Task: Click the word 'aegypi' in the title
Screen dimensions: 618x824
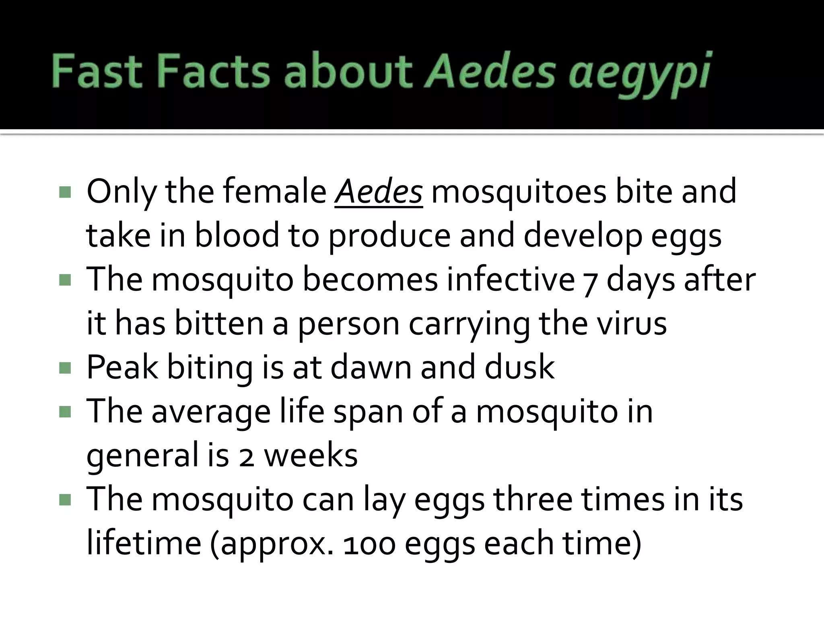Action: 640,74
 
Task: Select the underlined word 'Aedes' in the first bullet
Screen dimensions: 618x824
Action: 379,192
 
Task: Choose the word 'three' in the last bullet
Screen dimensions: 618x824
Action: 533,499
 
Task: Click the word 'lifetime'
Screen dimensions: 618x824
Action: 144,543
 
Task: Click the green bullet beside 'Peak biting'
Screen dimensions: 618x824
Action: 65,368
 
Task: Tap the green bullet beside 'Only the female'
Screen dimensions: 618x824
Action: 65,192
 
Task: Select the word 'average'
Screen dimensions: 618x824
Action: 211,412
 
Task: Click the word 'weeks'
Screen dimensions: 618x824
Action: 311,455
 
